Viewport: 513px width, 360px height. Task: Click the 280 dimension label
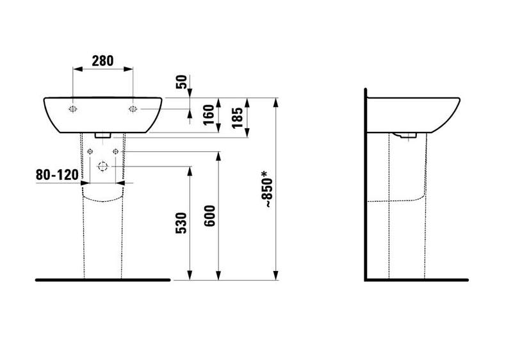(102, 61)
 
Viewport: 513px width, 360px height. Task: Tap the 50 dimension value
(182, 82)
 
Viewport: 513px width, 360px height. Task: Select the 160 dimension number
(208, 115)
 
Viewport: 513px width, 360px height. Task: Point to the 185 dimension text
(238, 118)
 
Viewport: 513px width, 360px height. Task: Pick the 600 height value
(209, 216)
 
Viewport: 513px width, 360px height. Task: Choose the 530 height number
(181, 223)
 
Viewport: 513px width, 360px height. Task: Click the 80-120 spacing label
(57, 175)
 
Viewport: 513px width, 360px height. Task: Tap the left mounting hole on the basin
(73, 109)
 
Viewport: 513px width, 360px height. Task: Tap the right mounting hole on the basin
(133, 109)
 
